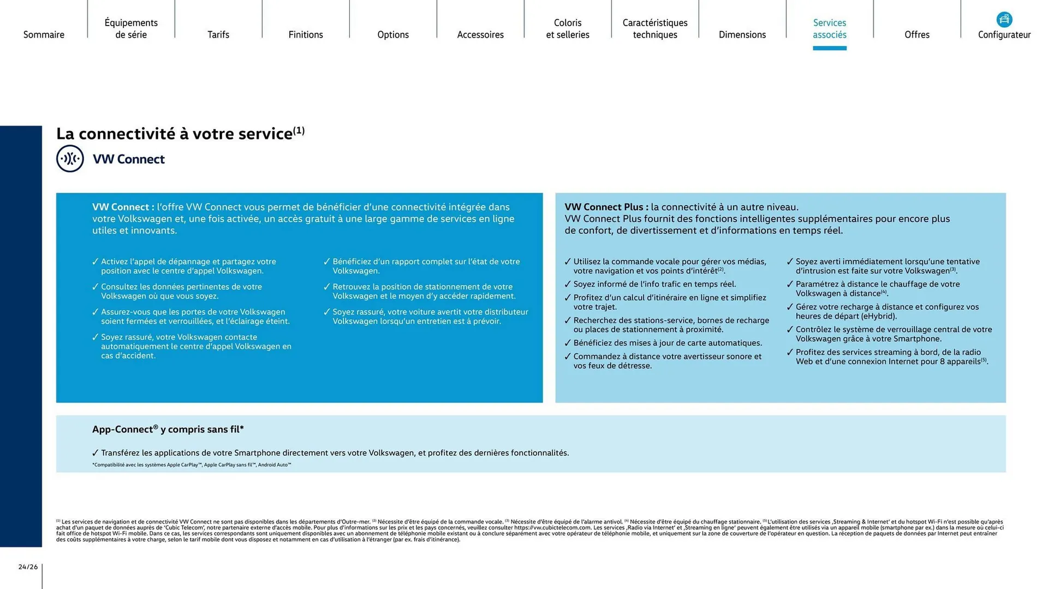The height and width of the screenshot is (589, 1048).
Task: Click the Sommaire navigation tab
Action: click(x=44, y=34)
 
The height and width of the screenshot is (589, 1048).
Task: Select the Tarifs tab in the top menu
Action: click(x=218, y=34)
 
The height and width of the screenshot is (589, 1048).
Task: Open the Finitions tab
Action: click(x=306, y=34)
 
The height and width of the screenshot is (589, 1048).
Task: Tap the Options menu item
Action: click(x=393, y=34)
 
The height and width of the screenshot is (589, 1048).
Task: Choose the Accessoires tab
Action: click(x=480, y=34)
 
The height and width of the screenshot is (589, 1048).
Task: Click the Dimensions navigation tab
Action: click(x=742, y=34)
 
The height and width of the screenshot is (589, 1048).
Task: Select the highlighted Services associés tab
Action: click(x=830, y=29)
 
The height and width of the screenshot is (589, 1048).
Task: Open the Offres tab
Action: click(x=917, y=34)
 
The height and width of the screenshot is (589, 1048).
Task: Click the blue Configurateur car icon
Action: click(x=1004, y=20)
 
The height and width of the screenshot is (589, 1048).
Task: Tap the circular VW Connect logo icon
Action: click(x=70, y=159)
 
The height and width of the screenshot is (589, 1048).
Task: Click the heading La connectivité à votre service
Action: click(x=175, y=134)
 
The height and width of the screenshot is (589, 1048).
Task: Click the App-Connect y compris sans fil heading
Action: click(x=168, y=430)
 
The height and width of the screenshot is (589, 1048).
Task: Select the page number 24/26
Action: click(x=28, y=567)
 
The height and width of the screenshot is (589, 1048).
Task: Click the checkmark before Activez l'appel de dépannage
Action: click(x=96, y=262)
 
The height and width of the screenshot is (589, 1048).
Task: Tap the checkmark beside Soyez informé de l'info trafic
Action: click(x=568, y=284)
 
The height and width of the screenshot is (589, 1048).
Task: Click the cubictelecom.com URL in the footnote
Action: click(x=552, y=528)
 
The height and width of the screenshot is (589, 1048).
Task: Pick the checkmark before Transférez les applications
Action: click(x=96, y=453)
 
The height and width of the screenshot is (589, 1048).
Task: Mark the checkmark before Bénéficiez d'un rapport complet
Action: click(x=327, y=262)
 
